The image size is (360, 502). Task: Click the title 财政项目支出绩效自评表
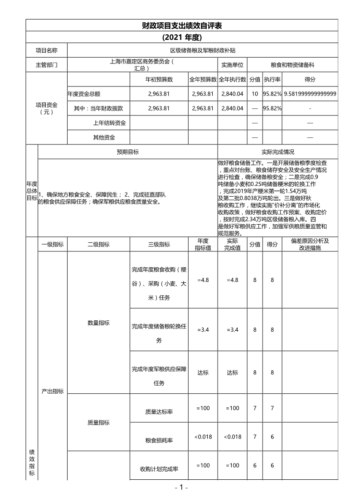tap(181, 25)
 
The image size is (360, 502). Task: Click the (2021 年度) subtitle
tap(181, 37)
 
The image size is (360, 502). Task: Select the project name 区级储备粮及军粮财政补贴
tap(202, 50)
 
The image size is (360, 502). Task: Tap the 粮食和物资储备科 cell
tap(299, 65)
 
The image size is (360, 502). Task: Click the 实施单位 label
tap(232, 65)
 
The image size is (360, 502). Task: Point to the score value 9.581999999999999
tap(310, 94)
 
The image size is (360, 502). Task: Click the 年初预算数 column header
tap(159, 79)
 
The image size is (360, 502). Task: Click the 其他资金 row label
tap(104, 137)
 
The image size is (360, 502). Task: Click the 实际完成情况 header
tap(278, 152)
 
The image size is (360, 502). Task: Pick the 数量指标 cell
tap(98, 323)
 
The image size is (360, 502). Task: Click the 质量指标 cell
tap(98, 423)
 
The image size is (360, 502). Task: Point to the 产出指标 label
tap(53, 391)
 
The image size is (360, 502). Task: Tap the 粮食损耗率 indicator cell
tap(159, 440)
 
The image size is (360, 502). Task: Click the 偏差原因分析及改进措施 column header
tap(310, 245)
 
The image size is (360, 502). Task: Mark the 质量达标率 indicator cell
tap(159, 412)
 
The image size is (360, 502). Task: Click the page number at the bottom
tap(181, 488)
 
